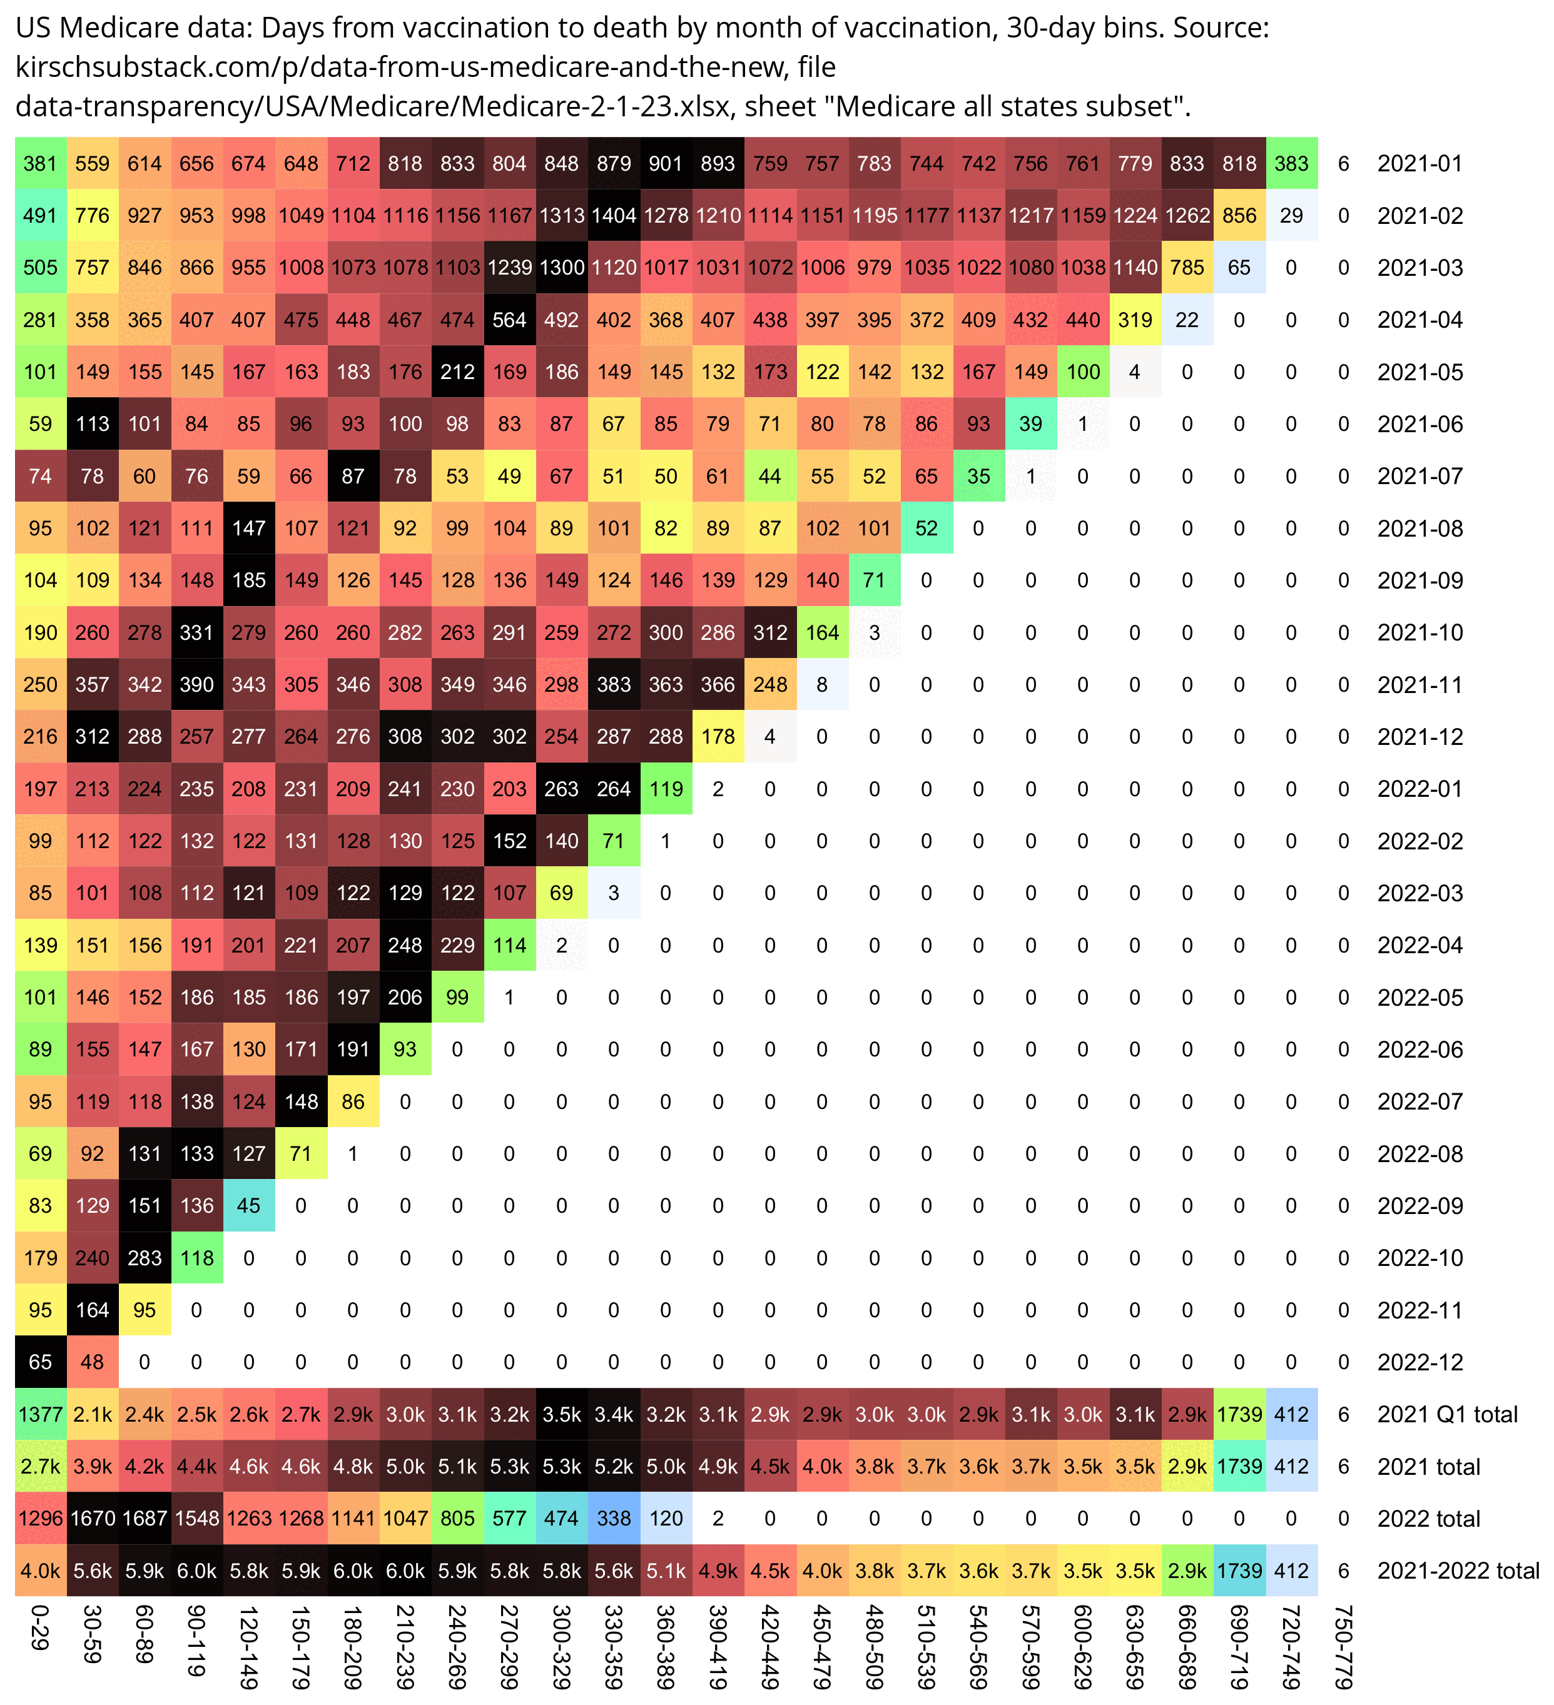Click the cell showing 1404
point(613,216)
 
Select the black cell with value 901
point(666,163)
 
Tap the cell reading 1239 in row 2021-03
point(509,268)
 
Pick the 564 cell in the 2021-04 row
point(509,320)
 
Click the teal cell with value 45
point(249,1205)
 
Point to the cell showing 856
point(1239,216)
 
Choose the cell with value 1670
point(92,1518)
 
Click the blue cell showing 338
point(613,1518)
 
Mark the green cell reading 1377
point(40,1414)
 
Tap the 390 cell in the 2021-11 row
point(196,685)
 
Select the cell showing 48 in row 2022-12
point(92,1362)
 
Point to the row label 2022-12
point(1419,1362)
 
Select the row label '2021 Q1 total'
point(1446,1414)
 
